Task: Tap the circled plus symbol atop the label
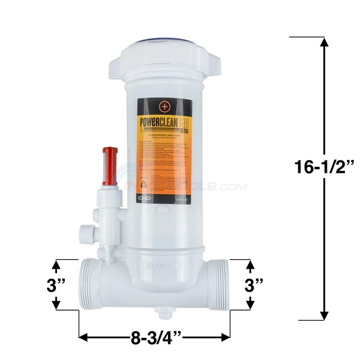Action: pos(164,107)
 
